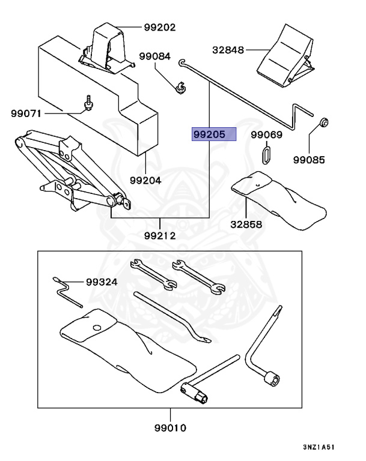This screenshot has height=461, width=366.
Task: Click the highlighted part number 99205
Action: (x=213, y=134)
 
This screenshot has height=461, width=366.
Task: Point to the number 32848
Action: (x=228, y=50)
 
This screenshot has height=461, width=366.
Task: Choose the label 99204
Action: (x=145, y=179)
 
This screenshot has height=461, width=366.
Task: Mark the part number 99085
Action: (x=309, y=160)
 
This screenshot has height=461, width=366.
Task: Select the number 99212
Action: (x=160, y=235)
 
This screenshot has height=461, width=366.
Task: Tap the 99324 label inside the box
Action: (x=102, y=282)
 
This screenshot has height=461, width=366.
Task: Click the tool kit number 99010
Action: (x=170, y=428)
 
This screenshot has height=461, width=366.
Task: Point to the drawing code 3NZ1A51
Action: (x=323, y=447)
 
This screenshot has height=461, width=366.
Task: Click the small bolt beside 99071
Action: (x=88, y=104)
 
